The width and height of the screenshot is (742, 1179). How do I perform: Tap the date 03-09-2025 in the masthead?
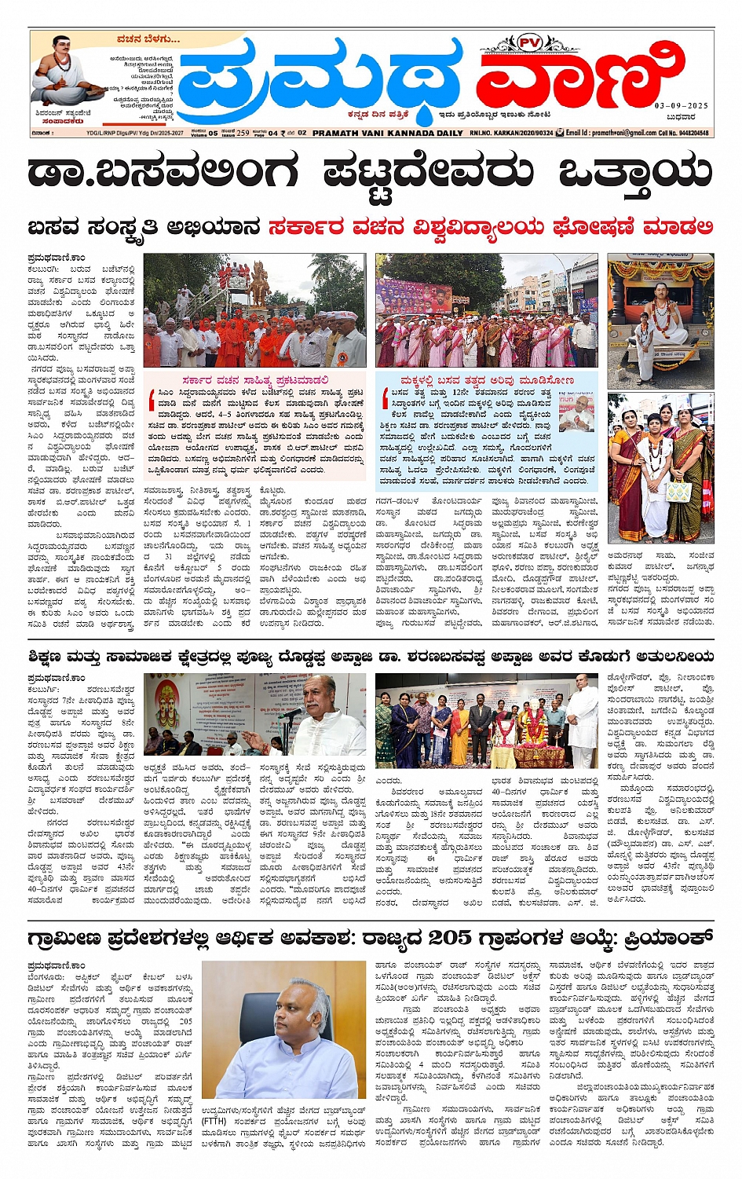[x=681, y=105]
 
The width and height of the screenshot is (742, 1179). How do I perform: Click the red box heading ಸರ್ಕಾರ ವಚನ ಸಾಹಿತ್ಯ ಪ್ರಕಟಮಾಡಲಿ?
[x=255, y=380]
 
